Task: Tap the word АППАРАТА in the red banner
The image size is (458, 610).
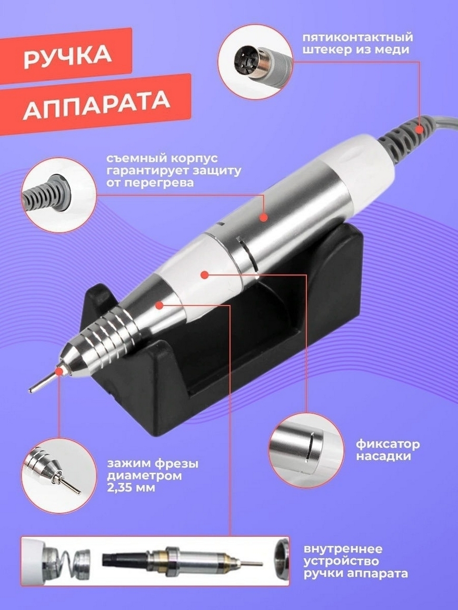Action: coord(96,105)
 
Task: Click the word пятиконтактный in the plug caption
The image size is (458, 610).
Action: coord(357,38)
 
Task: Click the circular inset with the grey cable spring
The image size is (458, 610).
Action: coord(58,195)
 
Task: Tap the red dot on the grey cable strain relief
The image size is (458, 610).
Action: coord(419,129)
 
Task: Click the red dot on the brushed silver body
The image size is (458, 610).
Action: coord(264,218)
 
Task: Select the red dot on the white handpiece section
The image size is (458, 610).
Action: coord(204,274)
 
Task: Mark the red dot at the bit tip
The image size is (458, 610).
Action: coord(59,372)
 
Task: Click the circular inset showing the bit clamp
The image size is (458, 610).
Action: coord(58,475)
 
